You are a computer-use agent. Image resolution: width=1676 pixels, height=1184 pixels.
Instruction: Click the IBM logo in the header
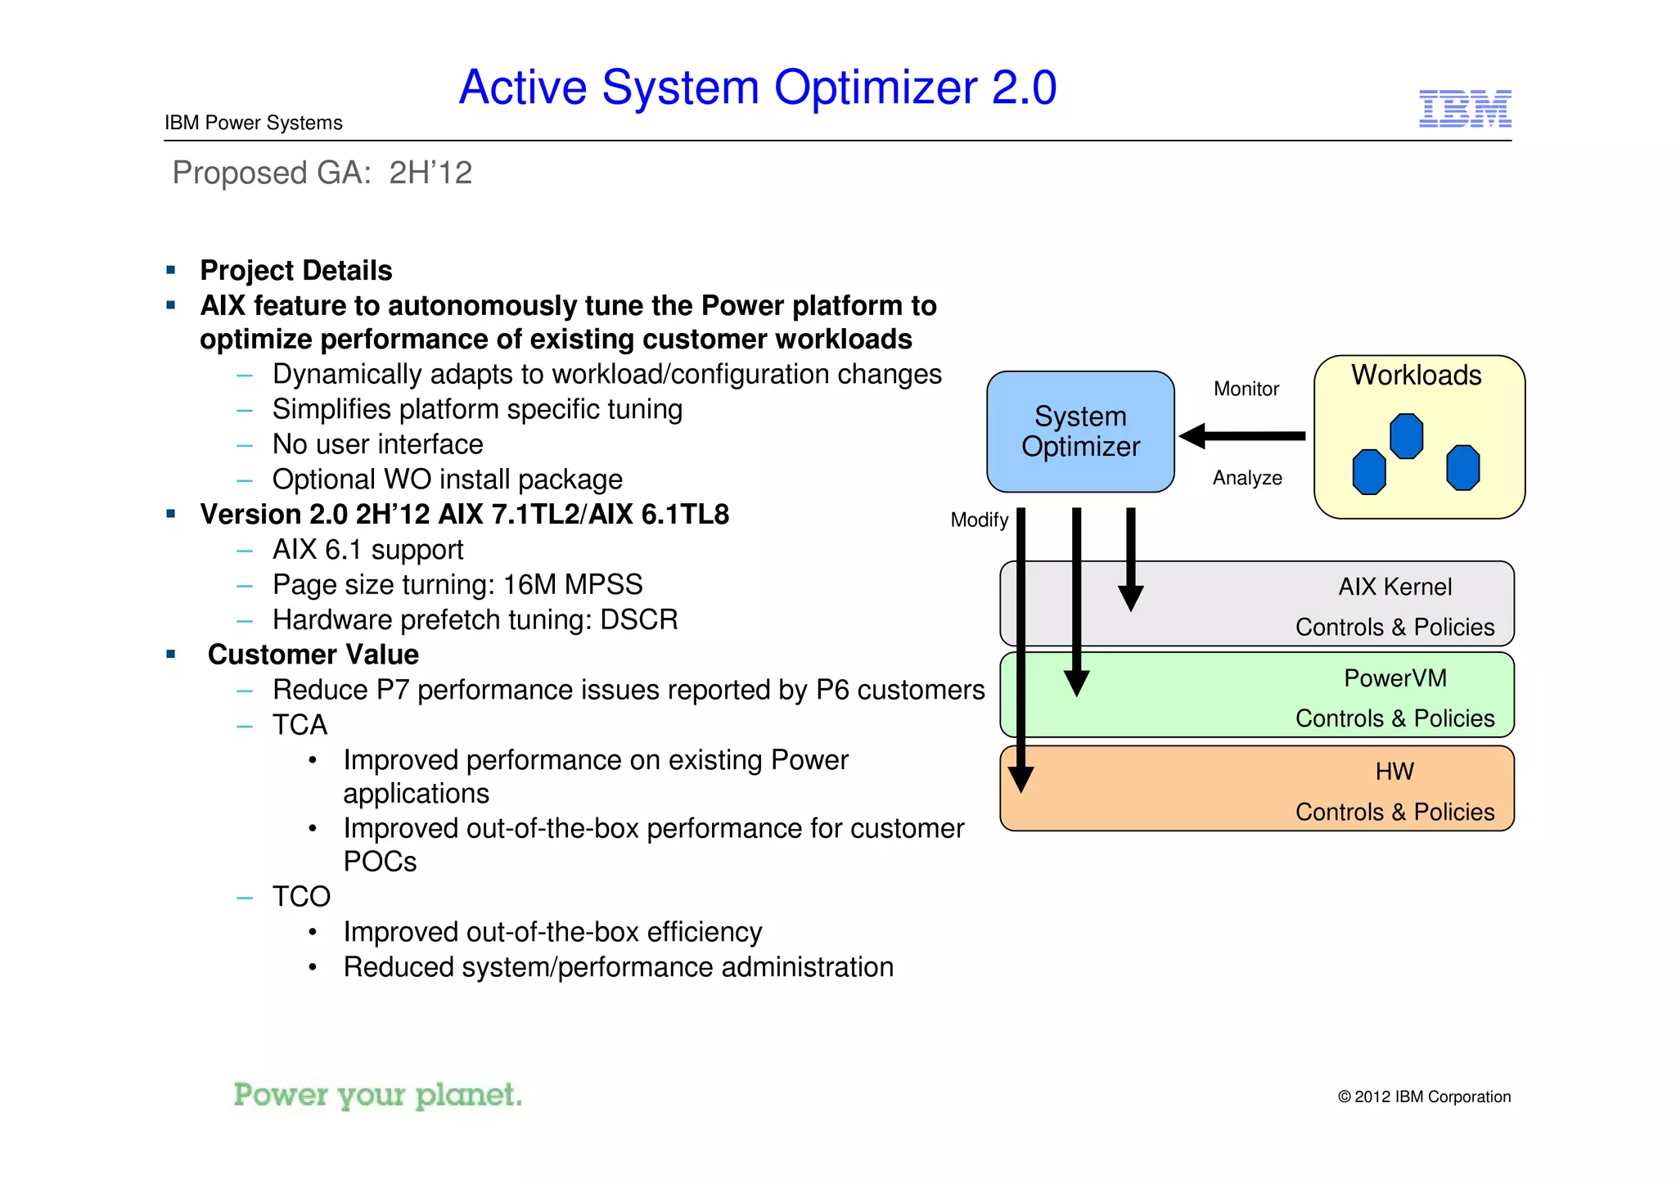[x=1464, y=109]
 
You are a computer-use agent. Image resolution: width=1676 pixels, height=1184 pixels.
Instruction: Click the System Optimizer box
[x=1080, y=431]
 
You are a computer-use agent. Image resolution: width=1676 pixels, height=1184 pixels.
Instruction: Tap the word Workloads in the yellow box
[x=1416, y=375]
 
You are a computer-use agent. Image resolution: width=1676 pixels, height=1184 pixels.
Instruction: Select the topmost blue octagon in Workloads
[x=1406, y=435]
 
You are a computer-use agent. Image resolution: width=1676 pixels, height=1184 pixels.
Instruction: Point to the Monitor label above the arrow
[x=1246, y=389]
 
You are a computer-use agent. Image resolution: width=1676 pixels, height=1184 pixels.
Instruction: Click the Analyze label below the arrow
[x=1247, y=478]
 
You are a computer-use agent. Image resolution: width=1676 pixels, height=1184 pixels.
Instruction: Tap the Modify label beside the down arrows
[x=979, y=520]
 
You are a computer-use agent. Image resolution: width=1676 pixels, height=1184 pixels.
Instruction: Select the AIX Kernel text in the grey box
[x=1394, y=587]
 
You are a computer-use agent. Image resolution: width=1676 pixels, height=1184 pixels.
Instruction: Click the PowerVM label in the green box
[x=1394, y=678]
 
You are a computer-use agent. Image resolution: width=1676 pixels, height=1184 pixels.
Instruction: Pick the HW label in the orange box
[x=1394, y=772]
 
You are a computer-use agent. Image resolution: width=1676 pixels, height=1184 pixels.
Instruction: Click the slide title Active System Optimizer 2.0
[x=757, y=88]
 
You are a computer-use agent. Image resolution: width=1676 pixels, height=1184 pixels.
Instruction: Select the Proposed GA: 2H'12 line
[x=322, y=173]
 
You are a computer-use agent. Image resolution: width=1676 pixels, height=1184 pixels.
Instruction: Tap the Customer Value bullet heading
[x=313, y=655]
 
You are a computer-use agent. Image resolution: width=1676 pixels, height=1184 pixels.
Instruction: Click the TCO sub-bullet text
[x=301, y=897]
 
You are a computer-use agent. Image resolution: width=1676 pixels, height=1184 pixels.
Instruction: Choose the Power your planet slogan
[x=377, y=1095]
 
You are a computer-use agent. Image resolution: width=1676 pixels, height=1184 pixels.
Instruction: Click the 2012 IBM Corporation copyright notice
[x=1423, y=1096]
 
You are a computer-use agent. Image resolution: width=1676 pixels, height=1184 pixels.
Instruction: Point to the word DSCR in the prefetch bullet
[x=638, y=619]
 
